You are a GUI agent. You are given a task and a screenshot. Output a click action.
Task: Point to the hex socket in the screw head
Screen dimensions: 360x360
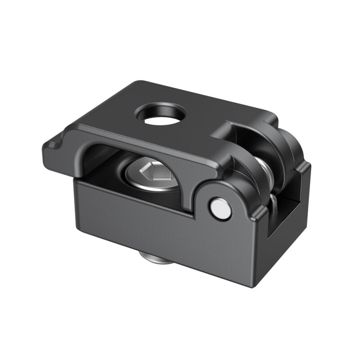tap(152, 171)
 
